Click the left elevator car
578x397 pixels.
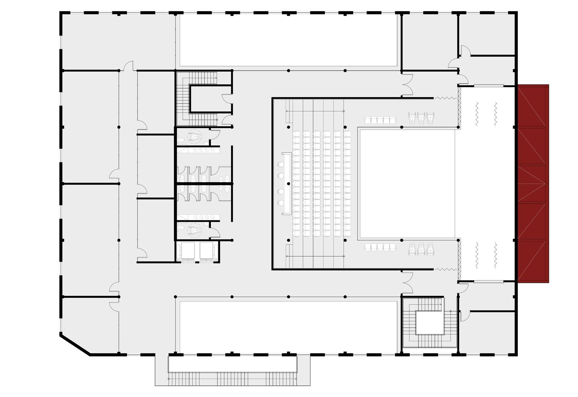coord(187,251)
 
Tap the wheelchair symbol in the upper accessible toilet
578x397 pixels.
coord(194,136)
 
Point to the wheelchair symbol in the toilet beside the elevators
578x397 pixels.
coord(194,231)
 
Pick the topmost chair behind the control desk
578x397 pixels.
coord(282,164)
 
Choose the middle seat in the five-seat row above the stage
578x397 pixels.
coord(380,120)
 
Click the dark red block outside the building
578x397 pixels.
coord(533,184)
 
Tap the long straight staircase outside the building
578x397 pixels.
coord(232,379)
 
